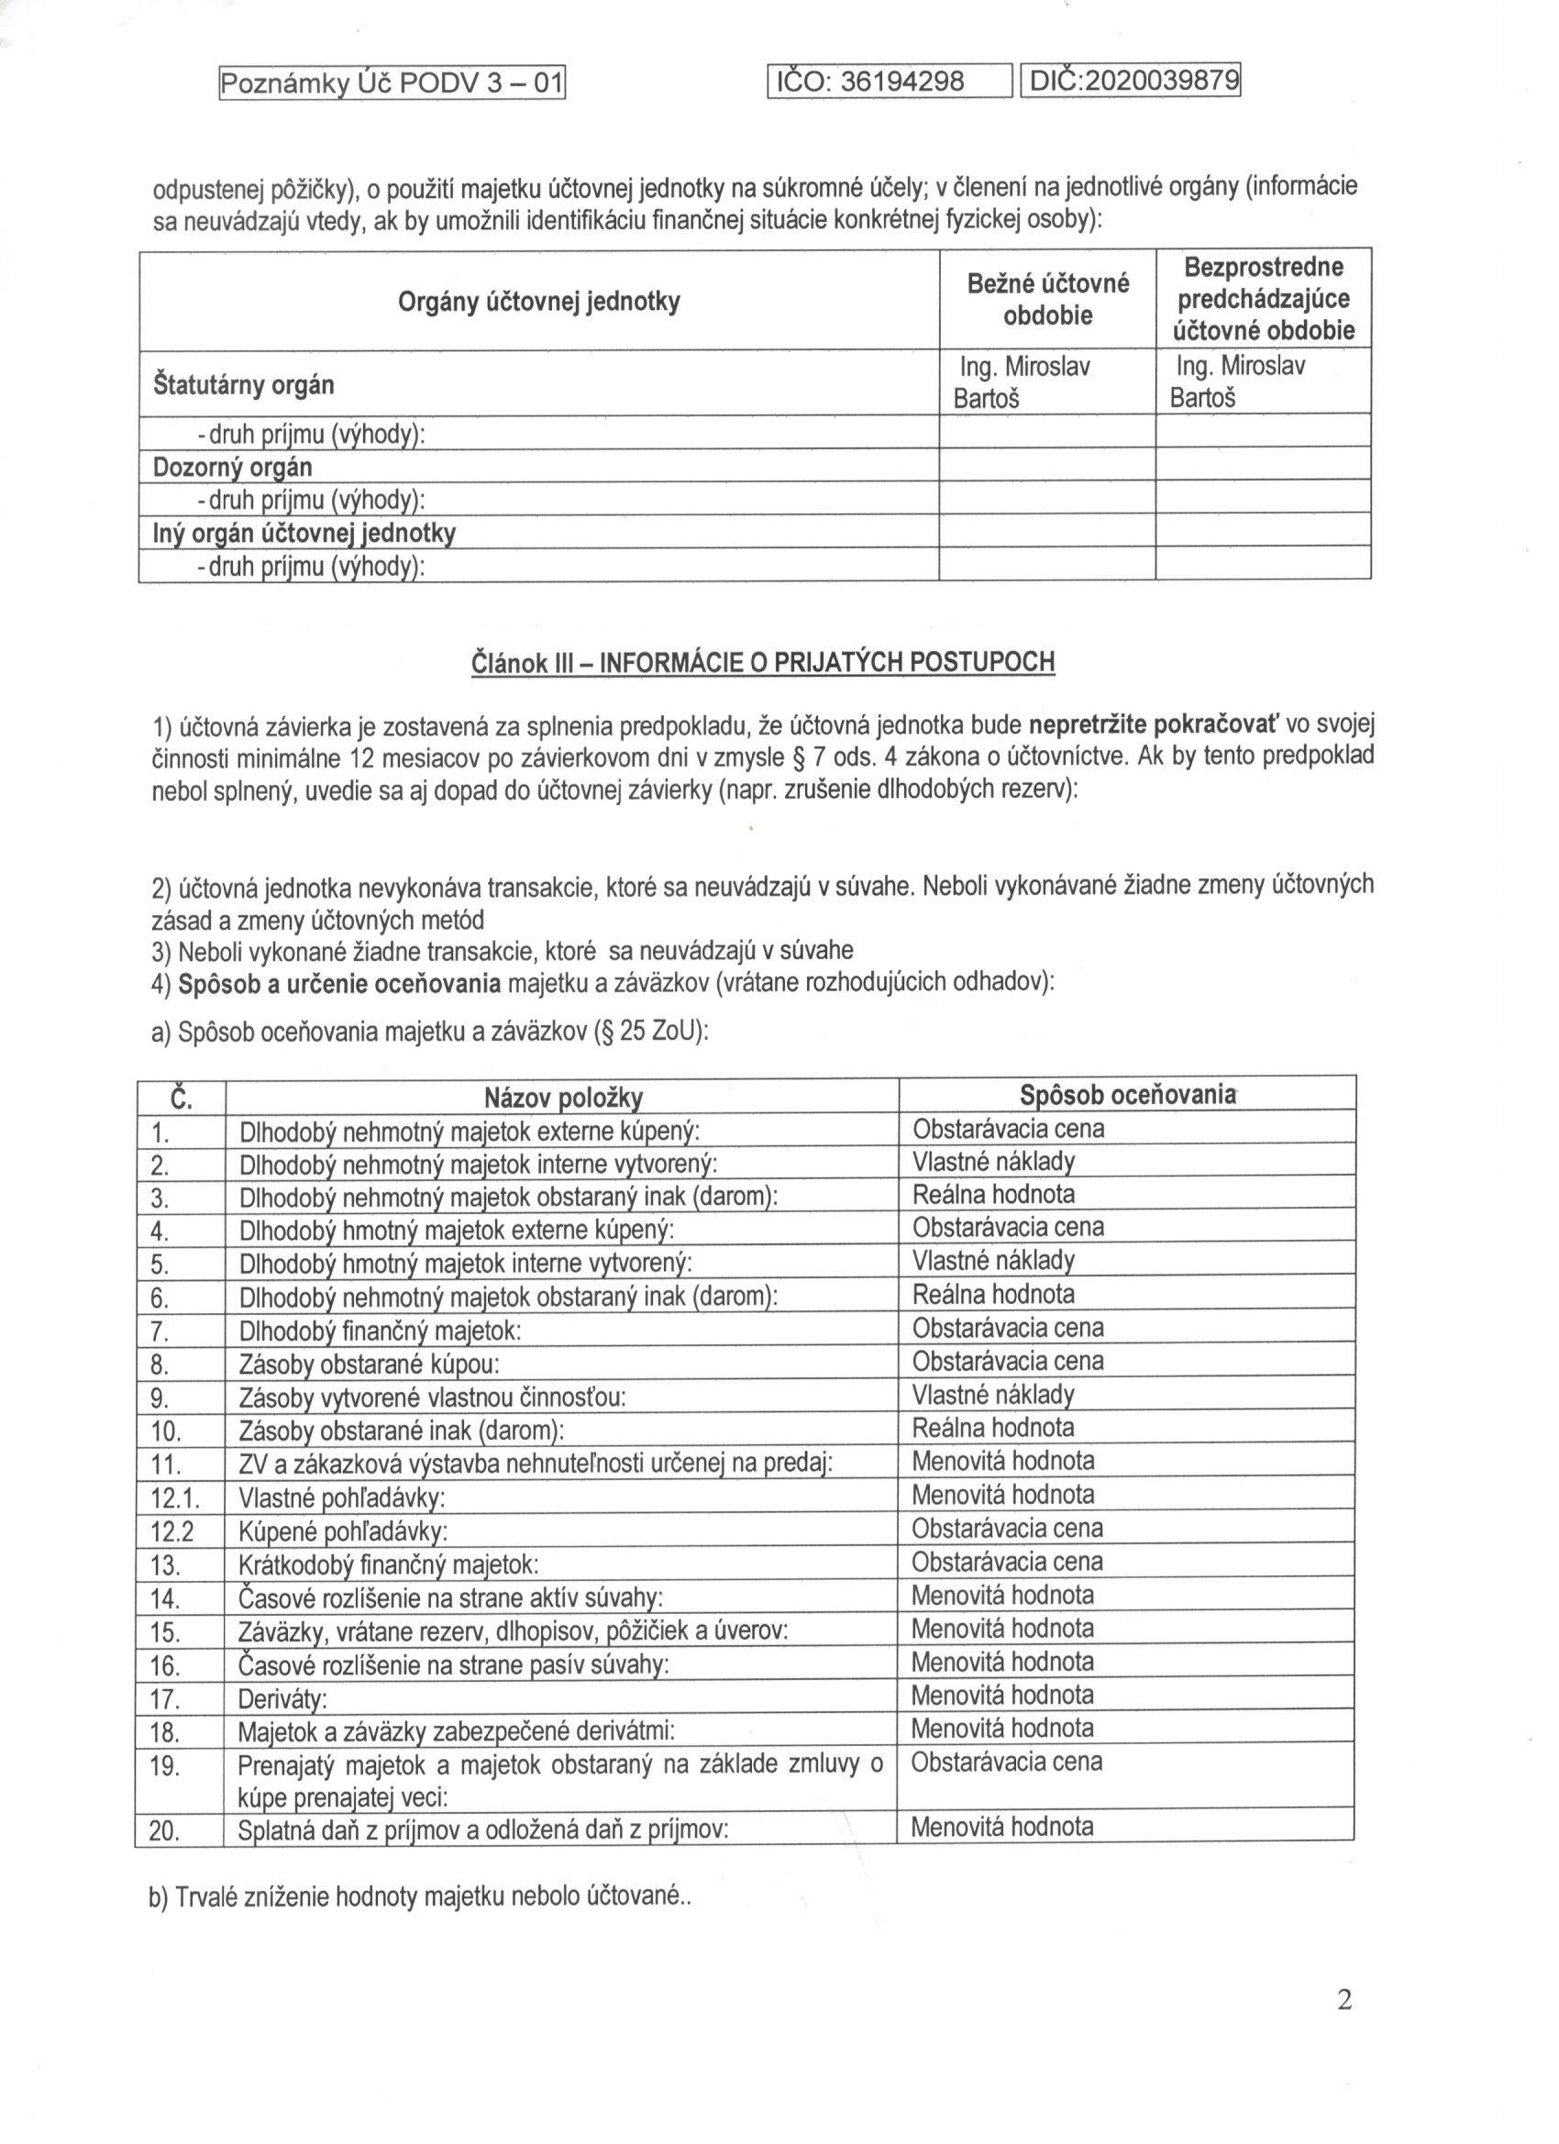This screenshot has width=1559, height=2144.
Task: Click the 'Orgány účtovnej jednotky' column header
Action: click(539, 303)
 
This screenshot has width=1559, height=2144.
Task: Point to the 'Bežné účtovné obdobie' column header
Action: click(1047, 299)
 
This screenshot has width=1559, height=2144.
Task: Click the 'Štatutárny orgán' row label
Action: click(243, 385)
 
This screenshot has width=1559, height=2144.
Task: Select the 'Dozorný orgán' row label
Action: click(233, 467)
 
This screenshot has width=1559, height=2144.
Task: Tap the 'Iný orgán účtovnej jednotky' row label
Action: click(304, 533)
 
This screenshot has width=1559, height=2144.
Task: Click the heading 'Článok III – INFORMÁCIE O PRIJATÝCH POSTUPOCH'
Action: click(762, 663)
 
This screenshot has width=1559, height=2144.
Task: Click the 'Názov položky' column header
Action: click(563, 1098)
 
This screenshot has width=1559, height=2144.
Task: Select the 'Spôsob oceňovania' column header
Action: click(1127, 1095)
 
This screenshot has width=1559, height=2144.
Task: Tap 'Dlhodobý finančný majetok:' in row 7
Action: click(380, 1331)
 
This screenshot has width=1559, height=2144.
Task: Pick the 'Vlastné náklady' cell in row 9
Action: click(992, 1395)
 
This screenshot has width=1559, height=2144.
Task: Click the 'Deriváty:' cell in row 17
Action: click(282, 1698)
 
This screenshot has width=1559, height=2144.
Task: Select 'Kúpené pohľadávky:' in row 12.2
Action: click(343, 1531)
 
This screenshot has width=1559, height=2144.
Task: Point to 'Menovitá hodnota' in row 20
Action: click(1002, 1827)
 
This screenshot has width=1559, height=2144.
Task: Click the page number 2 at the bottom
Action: click(1344, 2000)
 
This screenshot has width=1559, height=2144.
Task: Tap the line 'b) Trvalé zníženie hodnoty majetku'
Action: click(421, 1895)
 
